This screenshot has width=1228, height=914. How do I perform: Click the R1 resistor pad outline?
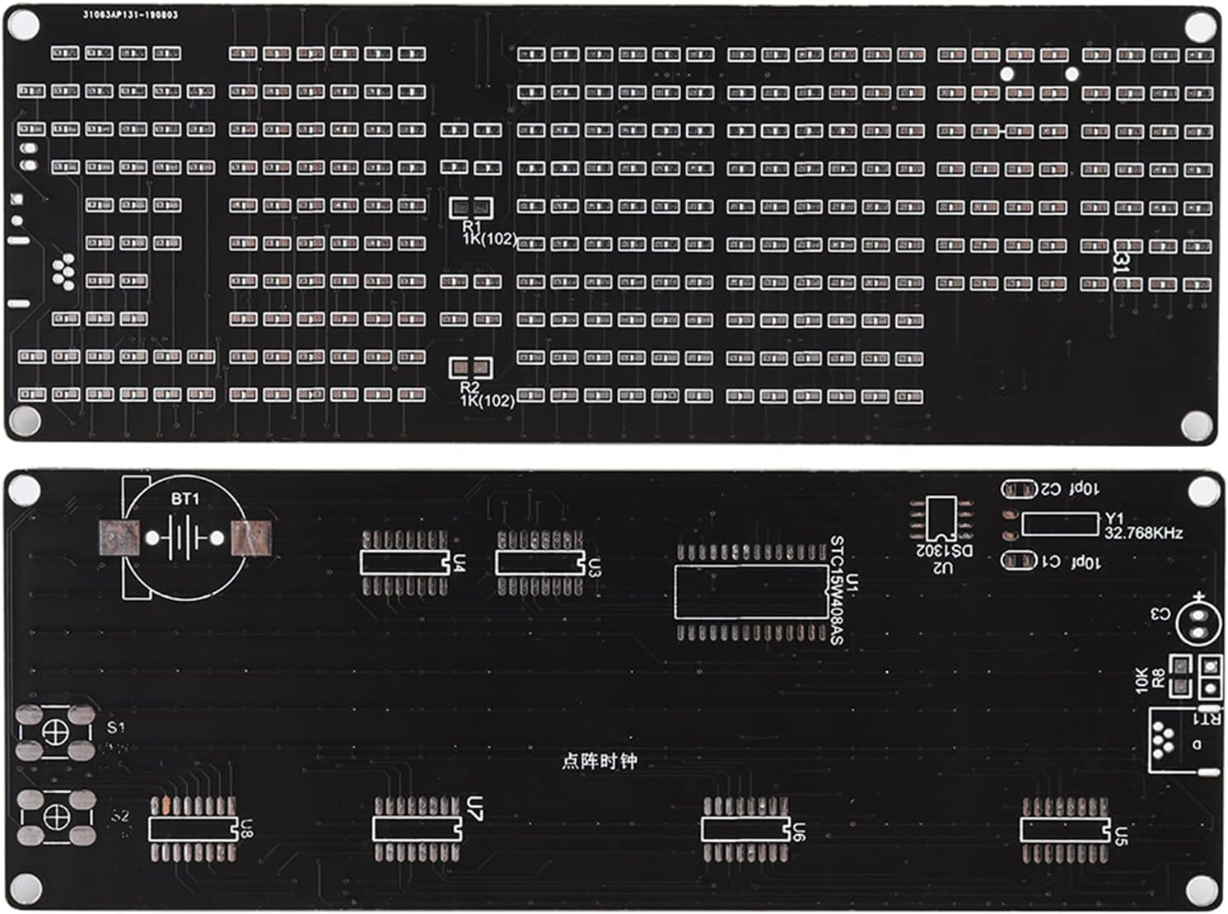471,207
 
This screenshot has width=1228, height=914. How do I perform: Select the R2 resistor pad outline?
470,368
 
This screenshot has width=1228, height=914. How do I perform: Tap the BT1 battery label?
185,498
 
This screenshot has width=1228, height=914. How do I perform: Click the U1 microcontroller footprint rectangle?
751,591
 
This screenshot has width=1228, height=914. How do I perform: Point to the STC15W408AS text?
836,590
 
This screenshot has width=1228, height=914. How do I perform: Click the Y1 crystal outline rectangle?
1060,525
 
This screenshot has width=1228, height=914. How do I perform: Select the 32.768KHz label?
1143,533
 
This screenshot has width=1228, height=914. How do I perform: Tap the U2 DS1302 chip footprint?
940,518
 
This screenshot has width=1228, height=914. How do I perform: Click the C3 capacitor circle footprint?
1196,623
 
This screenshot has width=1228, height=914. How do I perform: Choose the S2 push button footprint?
55,817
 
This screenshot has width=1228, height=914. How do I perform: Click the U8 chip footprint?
194,828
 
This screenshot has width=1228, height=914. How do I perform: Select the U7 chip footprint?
417,828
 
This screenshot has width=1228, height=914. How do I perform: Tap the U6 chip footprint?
745,828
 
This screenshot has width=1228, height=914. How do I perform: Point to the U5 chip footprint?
1065,829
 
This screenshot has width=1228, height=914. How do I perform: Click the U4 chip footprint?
404,562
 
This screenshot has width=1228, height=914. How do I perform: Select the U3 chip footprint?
539,562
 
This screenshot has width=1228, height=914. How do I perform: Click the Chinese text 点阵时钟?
599,761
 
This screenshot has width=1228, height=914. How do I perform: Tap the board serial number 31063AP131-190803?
130,15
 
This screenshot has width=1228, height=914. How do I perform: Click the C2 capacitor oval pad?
1019,489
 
